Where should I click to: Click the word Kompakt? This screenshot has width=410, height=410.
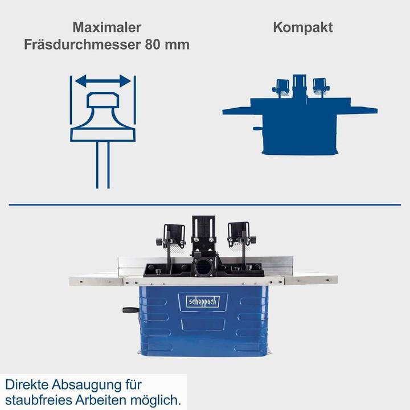click(302, 27)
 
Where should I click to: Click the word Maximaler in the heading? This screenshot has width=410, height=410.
click(106, 27)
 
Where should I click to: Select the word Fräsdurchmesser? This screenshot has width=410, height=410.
click(82, 44)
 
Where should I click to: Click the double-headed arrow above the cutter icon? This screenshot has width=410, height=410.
click(102, 82)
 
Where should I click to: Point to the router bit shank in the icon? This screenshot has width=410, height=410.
click(102, 165)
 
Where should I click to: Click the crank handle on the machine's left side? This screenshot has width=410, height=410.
click(129, 310)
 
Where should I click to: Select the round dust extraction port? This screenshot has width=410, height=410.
click(204, 267)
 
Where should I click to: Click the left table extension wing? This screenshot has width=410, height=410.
click(94, 280)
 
